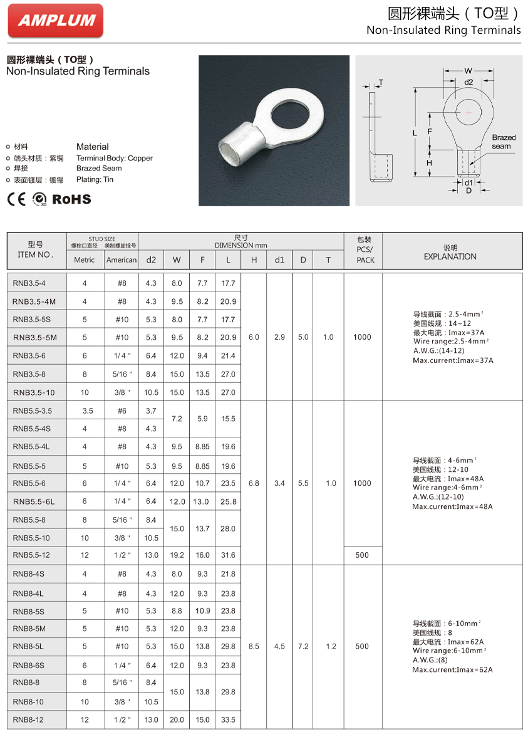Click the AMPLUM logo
[56, 20]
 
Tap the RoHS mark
[71, 199]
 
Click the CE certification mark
[17, 199]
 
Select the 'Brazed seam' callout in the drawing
[503, 142]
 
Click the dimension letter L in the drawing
[415, 133]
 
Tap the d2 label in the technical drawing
[468, 82]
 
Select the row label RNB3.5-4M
[34, 301]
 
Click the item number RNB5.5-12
[31, 555]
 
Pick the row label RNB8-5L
[29, 646]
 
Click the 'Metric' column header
[85, 259]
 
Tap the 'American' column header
[122, 259]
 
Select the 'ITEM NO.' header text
[36, 255]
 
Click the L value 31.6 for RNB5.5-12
[228, 555]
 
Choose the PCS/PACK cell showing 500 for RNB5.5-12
[362, 555]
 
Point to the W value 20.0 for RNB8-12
[177, 720]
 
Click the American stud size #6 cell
[122, 410]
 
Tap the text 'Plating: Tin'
[95, 180]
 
